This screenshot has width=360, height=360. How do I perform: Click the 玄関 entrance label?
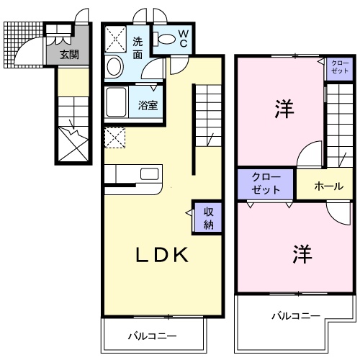(x=69, y=54)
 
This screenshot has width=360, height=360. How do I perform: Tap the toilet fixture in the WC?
(x=165, y=39)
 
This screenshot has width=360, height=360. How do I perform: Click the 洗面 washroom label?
(x=138, y=48)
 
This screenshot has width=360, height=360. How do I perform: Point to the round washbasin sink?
(x=114, y=68)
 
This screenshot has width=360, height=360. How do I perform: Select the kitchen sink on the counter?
(x=150, y=174)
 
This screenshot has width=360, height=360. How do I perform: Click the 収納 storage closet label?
(x=208, y=217)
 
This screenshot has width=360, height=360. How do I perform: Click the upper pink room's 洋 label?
(x=284, y=109)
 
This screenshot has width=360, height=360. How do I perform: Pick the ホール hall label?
(x=328, y=186)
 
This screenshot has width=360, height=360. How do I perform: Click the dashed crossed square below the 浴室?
(x=114, y=137)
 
